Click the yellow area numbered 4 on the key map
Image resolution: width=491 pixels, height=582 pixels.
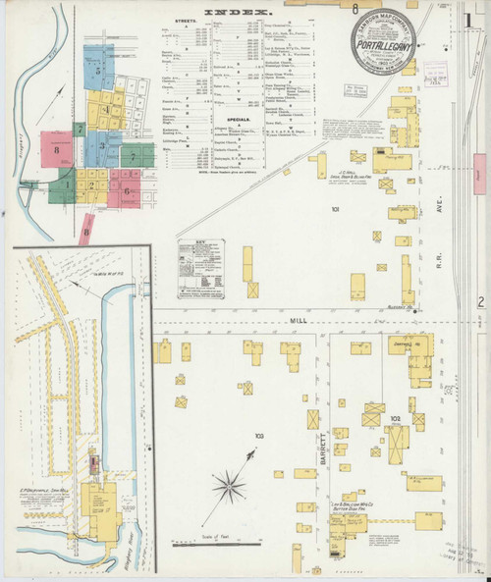103,109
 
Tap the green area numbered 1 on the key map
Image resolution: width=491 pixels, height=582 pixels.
67,183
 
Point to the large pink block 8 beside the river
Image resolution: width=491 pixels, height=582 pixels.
57,149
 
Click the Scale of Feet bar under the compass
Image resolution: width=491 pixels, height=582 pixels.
208,541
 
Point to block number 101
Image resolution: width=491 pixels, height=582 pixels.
337,211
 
